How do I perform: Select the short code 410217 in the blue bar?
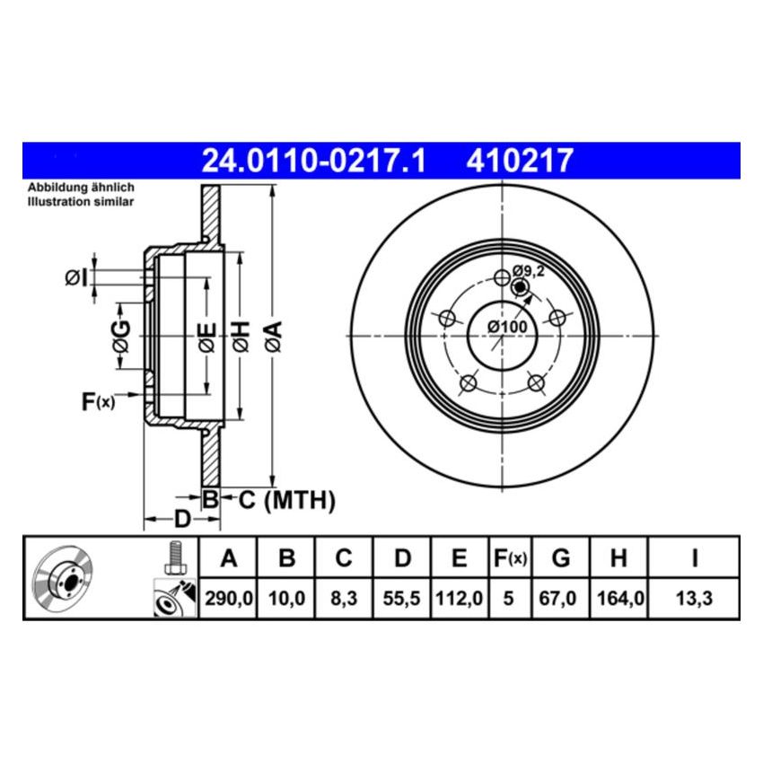[x=519, y=162]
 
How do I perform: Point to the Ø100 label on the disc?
[x=507, y=327]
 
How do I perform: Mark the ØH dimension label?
[x=240, y=336]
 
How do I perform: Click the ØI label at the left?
[x=77, y=278]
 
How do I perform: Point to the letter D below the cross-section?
[x=181, y=519]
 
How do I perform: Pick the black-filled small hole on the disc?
[x=519, y=287]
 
